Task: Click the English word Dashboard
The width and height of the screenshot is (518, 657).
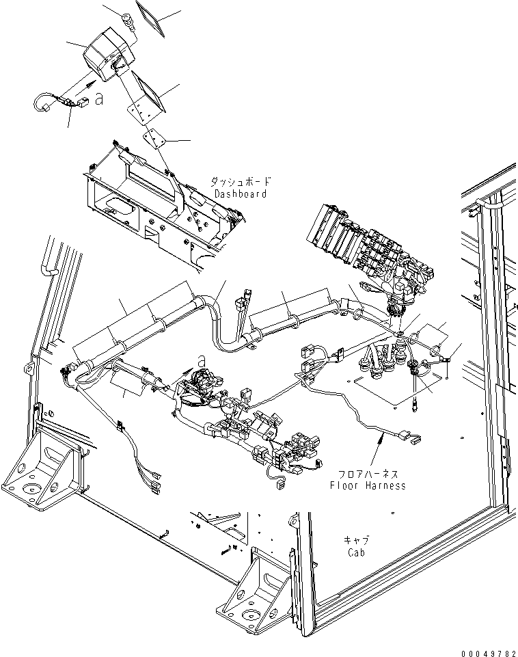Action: [x=241, y=193]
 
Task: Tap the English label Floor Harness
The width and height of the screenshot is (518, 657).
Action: [x=368, y=485]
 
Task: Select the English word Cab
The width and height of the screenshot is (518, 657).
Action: [x=356, y=552]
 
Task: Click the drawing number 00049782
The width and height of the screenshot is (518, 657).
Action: [x=489, y=653]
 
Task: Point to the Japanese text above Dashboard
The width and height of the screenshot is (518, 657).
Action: [x=241, y=182]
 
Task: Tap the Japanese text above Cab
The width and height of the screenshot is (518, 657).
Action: [x=356, y=540]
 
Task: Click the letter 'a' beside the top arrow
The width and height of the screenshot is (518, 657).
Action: [x=99, y=99]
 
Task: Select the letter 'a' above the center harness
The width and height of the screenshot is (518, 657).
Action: [x=202, y=360]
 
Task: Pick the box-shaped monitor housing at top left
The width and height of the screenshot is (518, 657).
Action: [x=109, y=53]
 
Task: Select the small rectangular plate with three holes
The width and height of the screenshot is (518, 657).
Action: [x=153, y=139]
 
